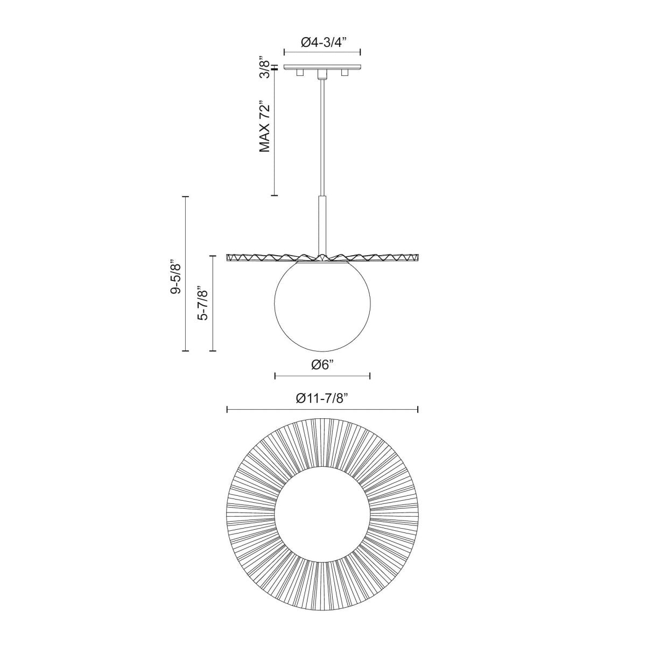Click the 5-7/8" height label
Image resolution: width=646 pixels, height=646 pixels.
[203, 303]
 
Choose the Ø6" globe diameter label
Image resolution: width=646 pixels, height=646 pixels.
[322, 364]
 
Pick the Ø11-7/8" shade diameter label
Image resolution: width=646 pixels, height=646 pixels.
[322, 398]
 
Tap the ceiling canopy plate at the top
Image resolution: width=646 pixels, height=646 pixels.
[322, 67]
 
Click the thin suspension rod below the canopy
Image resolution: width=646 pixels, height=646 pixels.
[322, 135]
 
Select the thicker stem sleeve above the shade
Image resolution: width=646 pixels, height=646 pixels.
[322, 221]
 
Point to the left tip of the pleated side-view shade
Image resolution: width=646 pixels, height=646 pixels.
[228, 258]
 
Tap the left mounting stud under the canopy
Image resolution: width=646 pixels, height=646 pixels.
[300, 72]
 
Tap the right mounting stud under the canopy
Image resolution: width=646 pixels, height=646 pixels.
[345, 72]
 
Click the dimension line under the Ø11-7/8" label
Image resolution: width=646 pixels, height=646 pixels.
[322, 410]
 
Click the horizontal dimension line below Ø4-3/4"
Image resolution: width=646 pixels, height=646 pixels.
[322, 52]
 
